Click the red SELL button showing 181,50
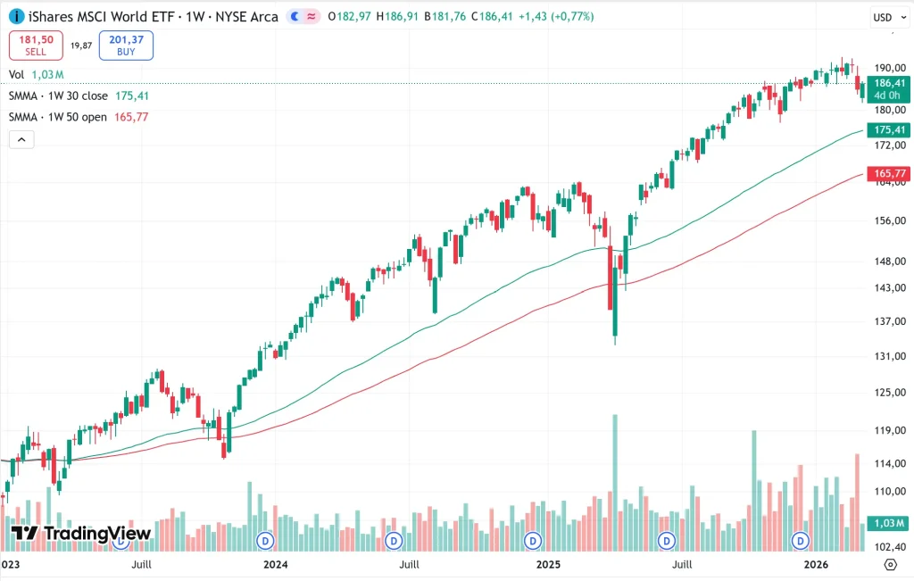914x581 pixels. [x=36, y=46]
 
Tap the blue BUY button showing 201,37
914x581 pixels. [x=126, y=46]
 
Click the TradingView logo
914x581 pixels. [x=81, y=534]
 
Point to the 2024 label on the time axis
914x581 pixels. [x=275, y=564]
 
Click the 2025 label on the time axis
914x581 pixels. [x=547, y=564]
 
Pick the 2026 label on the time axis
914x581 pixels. [x=818, y=564]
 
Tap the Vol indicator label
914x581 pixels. [x=16, y=75]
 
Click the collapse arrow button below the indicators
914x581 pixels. [x=21, y=139]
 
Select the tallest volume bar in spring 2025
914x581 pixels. [x=615, y=482]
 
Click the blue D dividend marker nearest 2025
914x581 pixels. [x=533, y=541]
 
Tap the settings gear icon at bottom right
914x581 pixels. [x=889, y=564]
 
